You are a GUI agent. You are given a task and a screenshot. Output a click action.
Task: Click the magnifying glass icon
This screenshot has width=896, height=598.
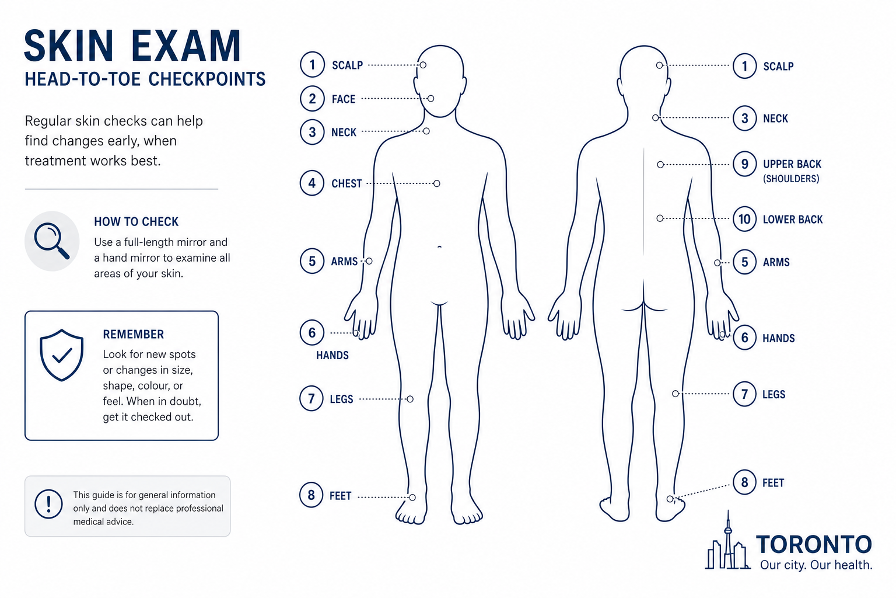click(51, 241)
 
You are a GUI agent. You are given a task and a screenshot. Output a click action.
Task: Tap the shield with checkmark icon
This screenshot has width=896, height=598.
click(62, 355)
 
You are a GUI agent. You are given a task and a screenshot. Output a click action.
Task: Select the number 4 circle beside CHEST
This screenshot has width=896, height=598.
click(312, 183)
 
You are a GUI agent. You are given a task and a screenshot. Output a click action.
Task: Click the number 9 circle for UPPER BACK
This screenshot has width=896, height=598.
click(744, 164)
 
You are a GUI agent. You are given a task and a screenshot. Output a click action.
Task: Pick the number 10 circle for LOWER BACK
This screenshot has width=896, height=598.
click(744, 219)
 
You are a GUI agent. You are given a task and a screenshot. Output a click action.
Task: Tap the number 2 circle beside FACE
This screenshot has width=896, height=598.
click(313, 99)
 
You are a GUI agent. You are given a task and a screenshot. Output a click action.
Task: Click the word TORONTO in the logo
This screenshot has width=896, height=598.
click(814, 544)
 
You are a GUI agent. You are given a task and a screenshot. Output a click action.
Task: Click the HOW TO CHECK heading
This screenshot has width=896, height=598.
click(136, 221)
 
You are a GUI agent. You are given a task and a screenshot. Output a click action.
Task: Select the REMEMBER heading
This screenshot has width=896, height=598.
click(133, 334)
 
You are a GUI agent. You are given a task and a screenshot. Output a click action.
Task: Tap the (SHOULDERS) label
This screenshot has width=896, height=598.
click(791, 179)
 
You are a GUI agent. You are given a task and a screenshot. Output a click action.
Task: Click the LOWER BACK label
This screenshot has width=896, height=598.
click(792, 220)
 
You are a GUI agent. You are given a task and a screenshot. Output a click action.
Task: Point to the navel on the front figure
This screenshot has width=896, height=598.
click(440, 246)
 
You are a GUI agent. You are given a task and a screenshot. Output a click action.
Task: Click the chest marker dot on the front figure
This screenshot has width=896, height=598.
click(437, 183)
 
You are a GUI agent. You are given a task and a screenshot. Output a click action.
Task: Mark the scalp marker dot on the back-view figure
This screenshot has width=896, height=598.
click(660, 65)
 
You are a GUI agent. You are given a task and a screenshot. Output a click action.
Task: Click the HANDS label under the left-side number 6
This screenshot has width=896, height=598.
click(332, 355)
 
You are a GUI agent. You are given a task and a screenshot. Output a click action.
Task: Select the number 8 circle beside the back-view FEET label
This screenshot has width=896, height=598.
click(744, 482)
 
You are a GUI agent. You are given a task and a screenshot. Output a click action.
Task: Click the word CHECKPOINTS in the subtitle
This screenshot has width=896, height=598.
click(207, 79)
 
